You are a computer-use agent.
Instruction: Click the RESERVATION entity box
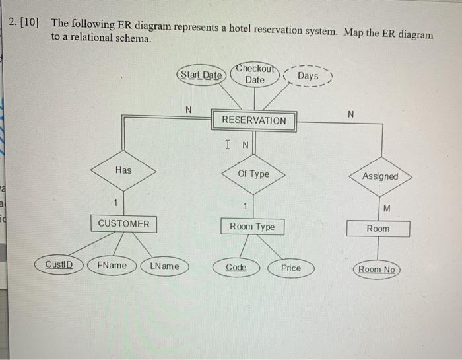pos(254,120)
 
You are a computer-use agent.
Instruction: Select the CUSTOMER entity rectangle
pos(123,223)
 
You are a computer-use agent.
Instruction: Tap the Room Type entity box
pos(252,227)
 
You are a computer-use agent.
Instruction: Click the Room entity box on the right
pos(378,229)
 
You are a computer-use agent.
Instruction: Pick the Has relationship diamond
pos(123,170)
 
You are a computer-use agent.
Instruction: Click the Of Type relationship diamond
pos(253,174)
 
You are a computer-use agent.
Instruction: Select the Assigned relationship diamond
pos(380,176)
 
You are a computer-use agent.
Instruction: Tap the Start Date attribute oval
pos(201,75)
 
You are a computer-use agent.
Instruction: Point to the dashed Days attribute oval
pos(308,77)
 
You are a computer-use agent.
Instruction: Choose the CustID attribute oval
pos(59,266)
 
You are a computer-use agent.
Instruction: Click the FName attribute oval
pos(112,266)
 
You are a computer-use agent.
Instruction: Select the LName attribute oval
pos(164,266)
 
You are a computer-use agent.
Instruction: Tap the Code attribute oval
pos(236,268)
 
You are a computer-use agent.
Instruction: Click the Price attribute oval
pos(290,268)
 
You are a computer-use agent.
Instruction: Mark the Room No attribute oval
pos(377,270)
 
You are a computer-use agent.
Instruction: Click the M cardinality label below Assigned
pos(387,209)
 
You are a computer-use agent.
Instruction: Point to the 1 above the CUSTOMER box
pos(116,202)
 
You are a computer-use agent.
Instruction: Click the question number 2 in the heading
pos(13,23)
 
